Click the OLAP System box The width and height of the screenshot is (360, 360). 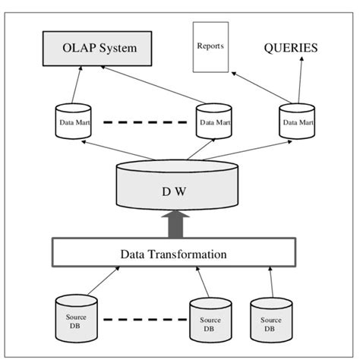point(97,49)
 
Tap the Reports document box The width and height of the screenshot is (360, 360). point(210,47)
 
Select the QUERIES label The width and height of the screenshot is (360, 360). point(291,48)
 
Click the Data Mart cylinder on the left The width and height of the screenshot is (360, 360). point(73,121)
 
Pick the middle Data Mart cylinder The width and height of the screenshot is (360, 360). point(214,121)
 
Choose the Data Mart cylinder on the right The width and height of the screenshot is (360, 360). point(297,121)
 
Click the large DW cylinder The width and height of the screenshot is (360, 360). point(177,185)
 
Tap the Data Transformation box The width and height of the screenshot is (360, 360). point(174,252)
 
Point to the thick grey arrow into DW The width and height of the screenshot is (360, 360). point(175,224)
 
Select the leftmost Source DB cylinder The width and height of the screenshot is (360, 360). point(76,318)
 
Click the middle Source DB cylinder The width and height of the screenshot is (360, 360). point(210,320)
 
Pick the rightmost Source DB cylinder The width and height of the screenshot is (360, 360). point(271,320)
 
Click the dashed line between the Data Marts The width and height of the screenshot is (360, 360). point(145,122)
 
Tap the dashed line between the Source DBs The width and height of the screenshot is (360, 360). point(145,320)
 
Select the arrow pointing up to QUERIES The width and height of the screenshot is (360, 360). point(300,80)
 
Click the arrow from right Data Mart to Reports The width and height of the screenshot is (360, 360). point(261,87)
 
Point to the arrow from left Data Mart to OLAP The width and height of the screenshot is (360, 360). point(77,84)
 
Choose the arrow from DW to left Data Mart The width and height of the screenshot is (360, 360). point(118,150)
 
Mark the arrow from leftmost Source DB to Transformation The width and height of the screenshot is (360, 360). point(103,280)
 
